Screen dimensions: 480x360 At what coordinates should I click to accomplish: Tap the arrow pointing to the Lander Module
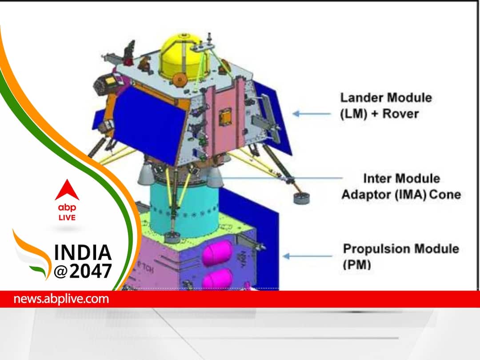[312, 114]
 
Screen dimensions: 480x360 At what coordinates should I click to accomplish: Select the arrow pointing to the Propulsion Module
[307, 256]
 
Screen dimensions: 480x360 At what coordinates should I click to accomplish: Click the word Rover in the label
[401, 114]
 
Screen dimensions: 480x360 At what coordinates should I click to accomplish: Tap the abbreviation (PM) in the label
[357, 265]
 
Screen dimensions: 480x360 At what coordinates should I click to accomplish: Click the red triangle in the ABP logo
[67, 190]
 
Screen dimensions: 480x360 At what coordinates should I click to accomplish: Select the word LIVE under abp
[67, 218]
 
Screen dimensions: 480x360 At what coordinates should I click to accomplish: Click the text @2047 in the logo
[83, 271]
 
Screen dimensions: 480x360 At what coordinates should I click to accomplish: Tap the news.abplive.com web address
[61, 299]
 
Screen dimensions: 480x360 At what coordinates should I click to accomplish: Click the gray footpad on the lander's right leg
[301, 198]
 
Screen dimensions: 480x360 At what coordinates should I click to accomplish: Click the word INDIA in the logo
[83, 252]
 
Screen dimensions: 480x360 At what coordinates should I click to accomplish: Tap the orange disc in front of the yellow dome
[180, 80]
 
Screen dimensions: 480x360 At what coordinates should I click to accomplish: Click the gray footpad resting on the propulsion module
[172, 237]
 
